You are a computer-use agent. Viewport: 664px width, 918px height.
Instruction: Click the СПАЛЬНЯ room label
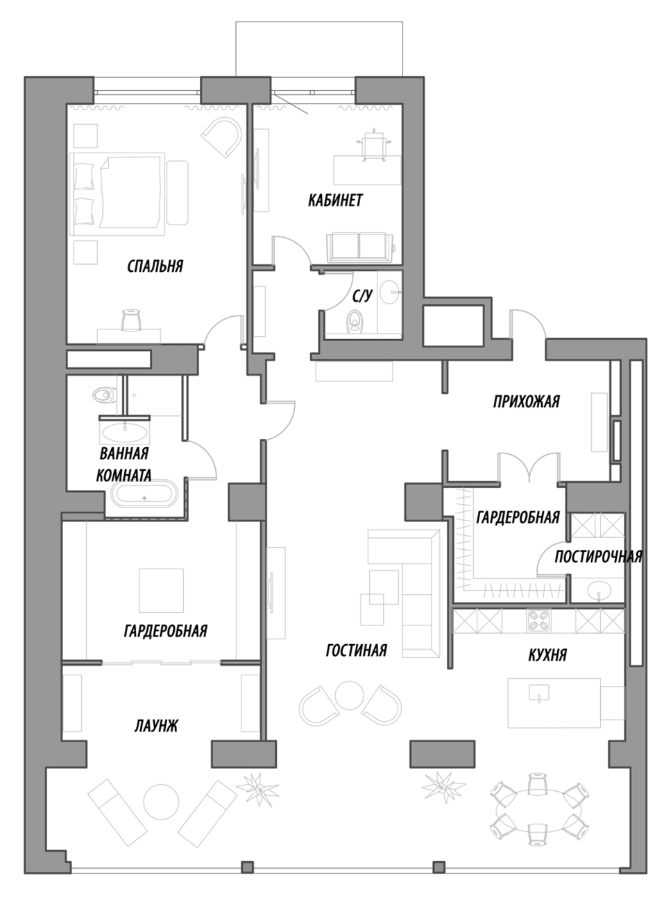pos(155,266)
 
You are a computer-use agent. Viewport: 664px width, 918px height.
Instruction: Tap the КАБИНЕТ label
pos(335,200)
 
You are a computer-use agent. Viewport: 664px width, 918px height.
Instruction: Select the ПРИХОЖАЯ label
pos(526,401)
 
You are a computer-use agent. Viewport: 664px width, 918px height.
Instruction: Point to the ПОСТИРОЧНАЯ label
pos(598,557)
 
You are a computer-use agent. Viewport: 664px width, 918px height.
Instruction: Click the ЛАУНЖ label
pos(156,727)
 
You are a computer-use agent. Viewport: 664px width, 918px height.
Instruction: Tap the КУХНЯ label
pos(547,655)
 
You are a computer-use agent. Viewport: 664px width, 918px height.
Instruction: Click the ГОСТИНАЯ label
pos(356,650)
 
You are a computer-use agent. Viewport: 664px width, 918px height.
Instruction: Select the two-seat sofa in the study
pos(359,247)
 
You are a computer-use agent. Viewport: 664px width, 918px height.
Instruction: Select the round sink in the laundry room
pos(599,591)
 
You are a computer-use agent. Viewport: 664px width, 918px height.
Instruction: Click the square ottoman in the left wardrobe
pos(161,590)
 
